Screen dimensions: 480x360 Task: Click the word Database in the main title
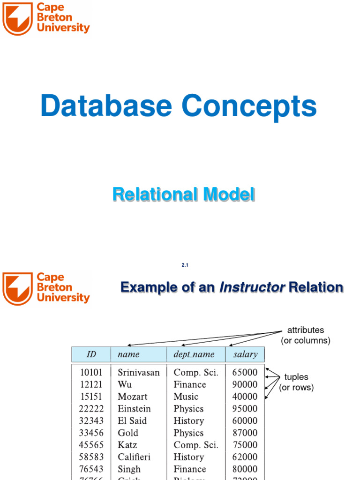106,106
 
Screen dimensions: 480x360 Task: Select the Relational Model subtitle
183,194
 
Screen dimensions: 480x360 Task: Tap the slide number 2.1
185,265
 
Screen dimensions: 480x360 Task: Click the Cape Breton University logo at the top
45,18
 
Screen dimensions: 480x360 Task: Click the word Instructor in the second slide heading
253,287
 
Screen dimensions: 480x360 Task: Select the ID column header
91,354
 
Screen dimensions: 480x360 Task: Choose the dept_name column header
194,354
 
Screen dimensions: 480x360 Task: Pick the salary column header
245,354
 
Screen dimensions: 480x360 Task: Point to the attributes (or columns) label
305,335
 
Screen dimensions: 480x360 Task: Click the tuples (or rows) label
296,382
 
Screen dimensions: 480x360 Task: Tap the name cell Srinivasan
138,373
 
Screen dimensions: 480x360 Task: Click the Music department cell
186,397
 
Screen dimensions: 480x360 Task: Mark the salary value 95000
245,409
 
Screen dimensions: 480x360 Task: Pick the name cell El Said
132,421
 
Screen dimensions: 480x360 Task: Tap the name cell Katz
127,445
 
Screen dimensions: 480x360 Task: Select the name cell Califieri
134,457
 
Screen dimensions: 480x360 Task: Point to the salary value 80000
245,469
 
